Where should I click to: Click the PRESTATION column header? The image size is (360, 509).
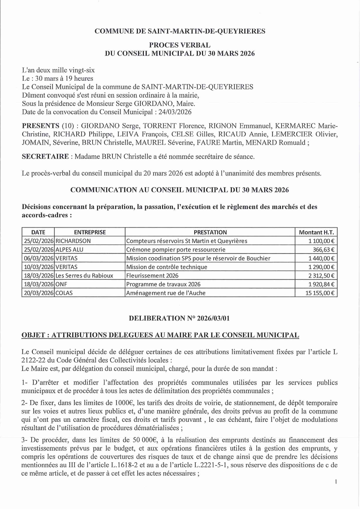point(210,232)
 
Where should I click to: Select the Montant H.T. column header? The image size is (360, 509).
point(316,232)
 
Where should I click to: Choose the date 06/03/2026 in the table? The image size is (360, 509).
point(38,258)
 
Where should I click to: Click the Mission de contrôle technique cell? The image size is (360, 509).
point(167,267)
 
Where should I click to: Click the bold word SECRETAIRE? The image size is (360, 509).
point(45,156)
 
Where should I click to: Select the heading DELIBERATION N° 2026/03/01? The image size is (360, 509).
point(179,319)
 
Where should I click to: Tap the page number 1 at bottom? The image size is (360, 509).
point(336,482)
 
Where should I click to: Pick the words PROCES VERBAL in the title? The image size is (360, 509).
point(180,46)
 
